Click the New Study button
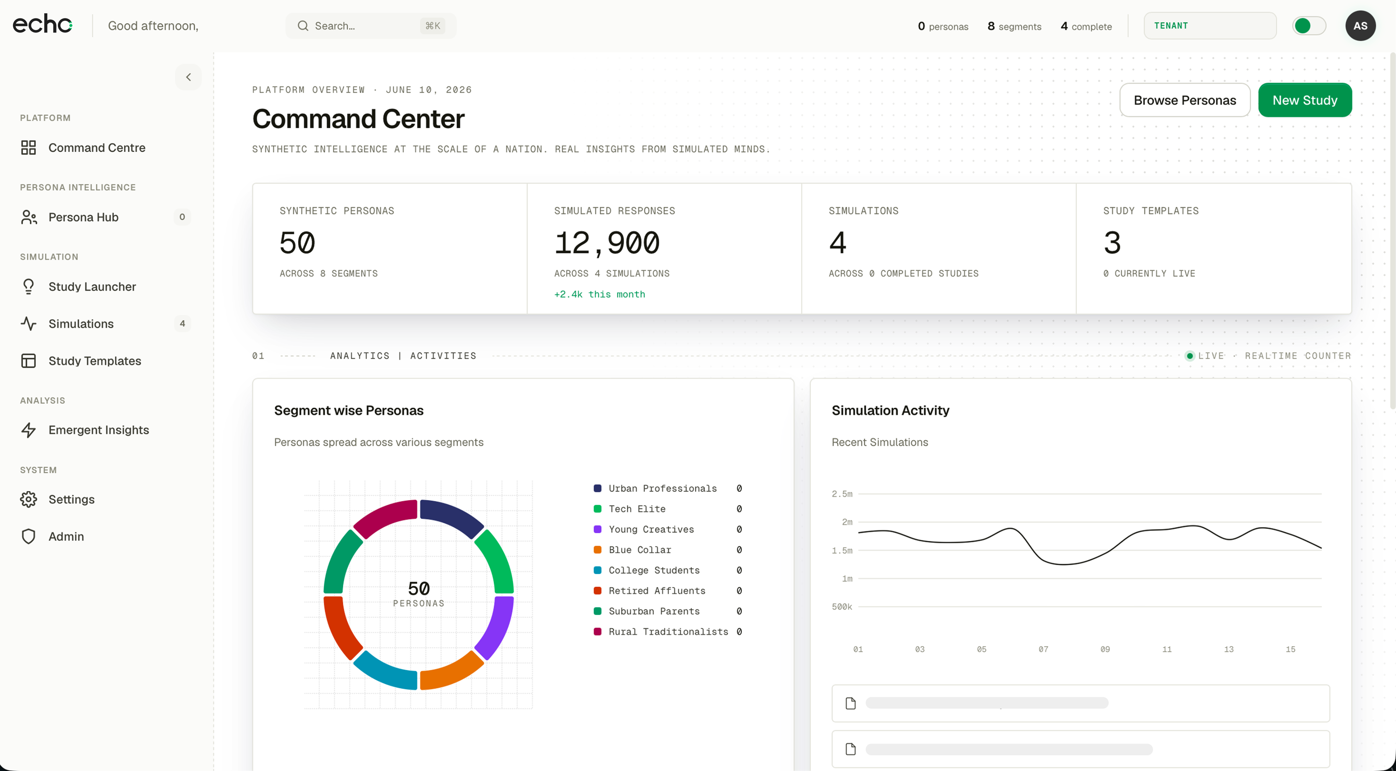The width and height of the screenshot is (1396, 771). tap(1304, 100)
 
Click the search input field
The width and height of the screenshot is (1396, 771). tap(371, 26)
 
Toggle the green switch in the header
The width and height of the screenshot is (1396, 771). tap(1309, 26)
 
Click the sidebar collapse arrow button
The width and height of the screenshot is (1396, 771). tap(188, 77)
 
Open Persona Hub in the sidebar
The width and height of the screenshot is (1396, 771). tap(84, 217)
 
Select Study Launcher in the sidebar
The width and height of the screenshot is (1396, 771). tap(92, 287)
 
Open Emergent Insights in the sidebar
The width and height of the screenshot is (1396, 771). tap(98, 430)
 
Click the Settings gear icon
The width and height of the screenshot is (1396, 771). tap(28, 499)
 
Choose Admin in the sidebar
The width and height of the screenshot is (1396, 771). tap(66, 536)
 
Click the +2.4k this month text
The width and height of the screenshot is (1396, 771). tap(600, 294)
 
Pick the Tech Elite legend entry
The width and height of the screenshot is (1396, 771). tap(637, 509)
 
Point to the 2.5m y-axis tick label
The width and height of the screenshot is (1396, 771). tap(842, 494)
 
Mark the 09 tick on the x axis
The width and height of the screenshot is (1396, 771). tap(1105, 649)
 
